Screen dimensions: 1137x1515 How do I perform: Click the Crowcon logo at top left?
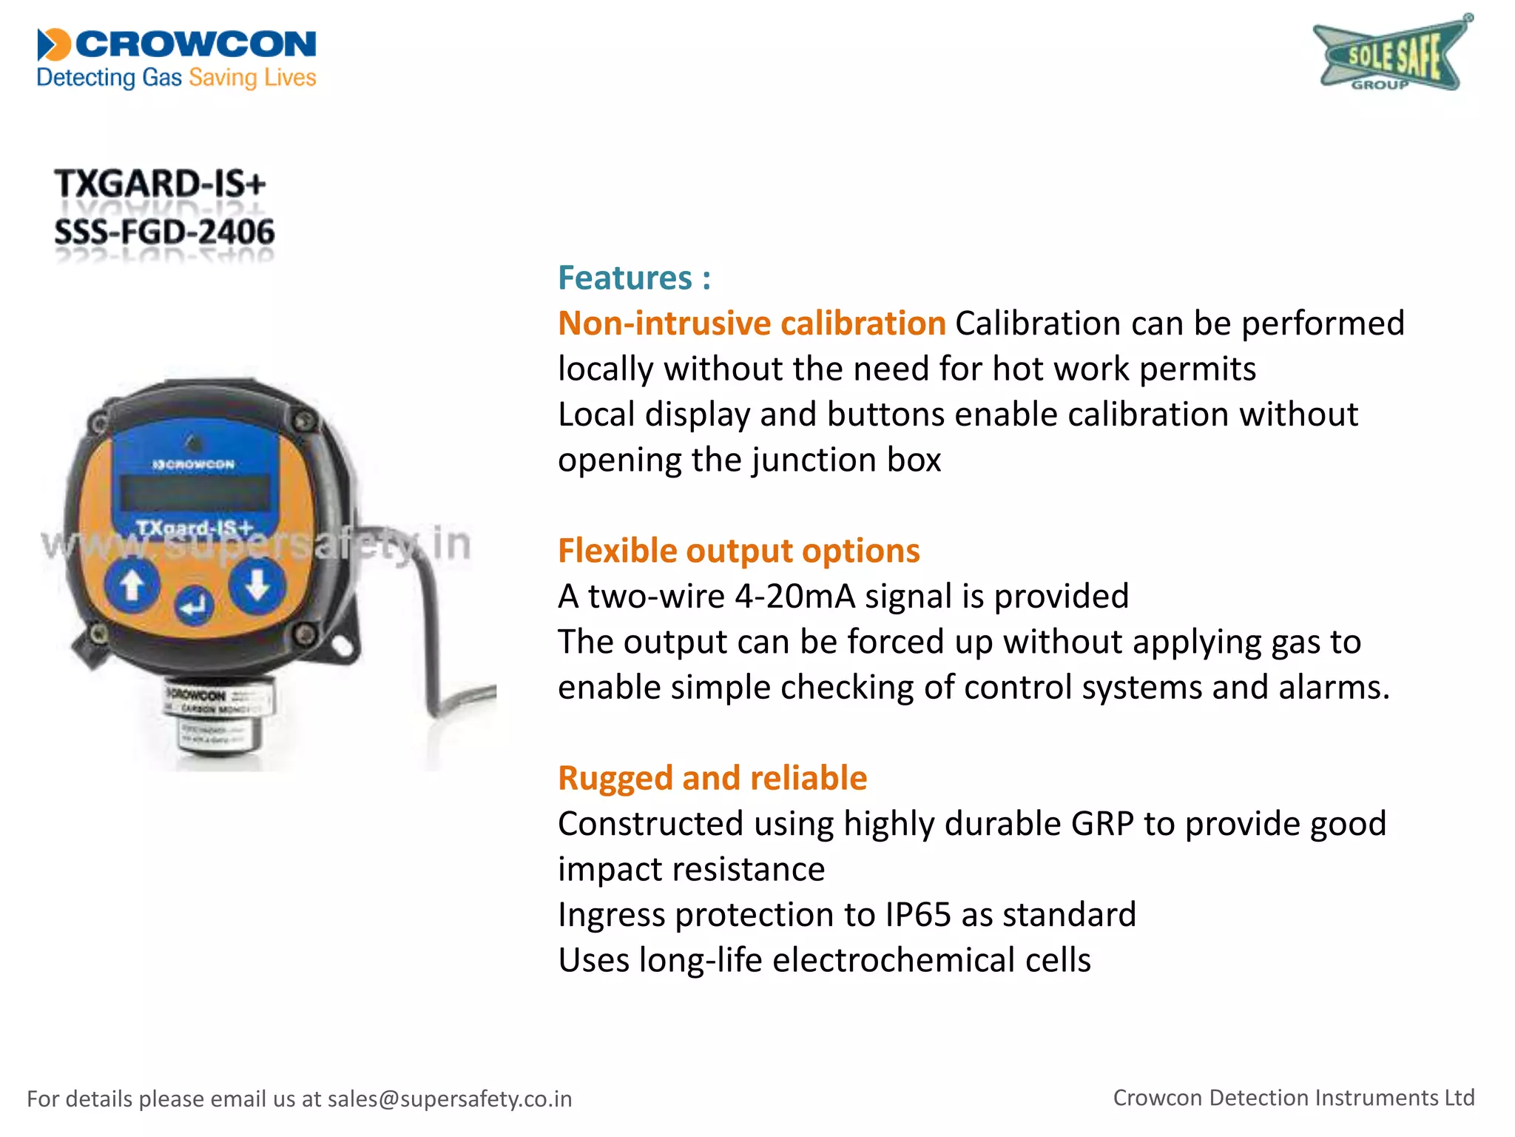[x=177, y=58]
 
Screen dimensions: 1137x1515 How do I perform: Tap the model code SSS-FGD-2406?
[x=164, y=232]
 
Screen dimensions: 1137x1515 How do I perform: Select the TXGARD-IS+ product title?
[x=160, y=184]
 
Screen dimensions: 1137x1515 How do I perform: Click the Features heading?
[x=634, y=278]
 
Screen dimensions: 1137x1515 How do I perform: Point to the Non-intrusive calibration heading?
[x=752, y=323]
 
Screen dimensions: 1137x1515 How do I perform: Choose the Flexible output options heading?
[x=738, y=551]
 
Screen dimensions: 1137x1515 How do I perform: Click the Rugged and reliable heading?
[x=712, y=778]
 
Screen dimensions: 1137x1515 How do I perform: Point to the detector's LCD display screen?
[x=195, y=492]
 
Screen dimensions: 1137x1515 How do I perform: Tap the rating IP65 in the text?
[x=917, y=915]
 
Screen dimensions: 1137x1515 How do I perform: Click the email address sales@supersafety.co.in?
[x=450, y=1099]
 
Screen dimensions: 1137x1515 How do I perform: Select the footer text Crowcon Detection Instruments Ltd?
[x=1293, y=1098]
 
